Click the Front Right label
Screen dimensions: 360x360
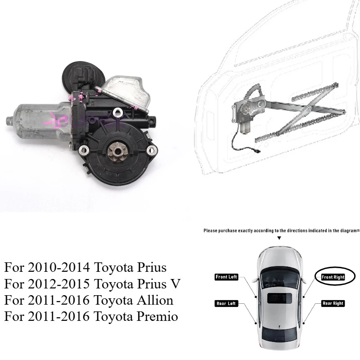(333, 277)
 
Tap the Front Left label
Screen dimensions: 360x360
(226, 277)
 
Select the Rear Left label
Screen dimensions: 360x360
(226, 303)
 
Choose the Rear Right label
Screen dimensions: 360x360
(333, 303)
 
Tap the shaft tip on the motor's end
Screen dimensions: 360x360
(9, 121)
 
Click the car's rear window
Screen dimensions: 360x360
(279, 334)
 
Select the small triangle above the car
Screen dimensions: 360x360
(279, 237)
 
